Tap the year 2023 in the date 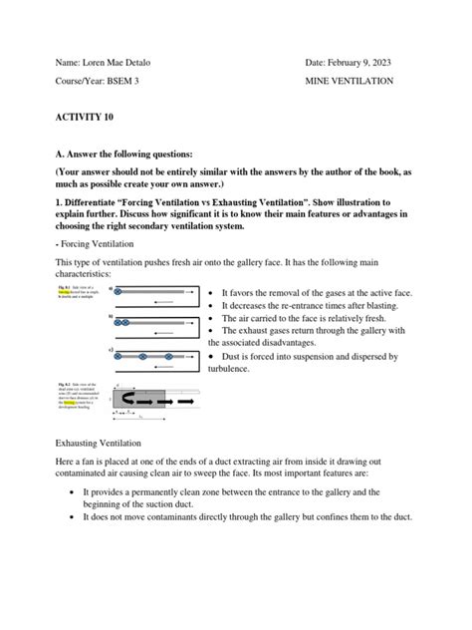coord(375,63)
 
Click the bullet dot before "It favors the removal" coord(212,293)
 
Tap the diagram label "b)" coord(111,315)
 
